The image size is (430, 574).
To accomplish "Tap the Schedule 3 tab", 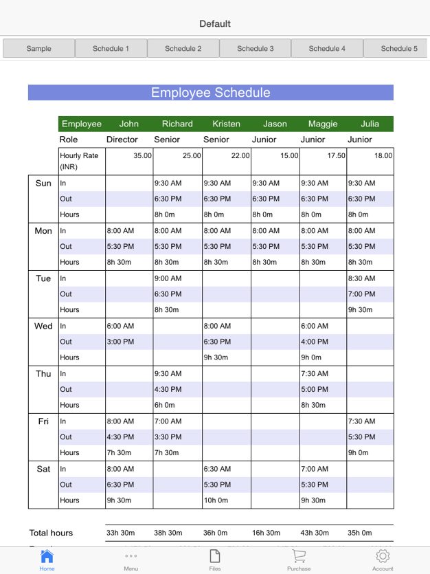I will [x=255, y=48].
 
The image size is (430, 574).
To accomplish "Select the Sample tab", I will [x=38, y=48].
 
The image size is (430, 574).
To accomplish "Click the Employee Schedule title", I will [x=210, y=93].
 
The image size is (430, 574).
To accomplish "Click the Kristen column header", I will [x=226, y=124].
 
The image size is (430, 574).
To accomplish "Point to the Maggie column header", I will [x=323, y=124].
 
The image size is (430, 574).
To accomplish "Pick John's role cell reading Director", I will [x=122, y=140].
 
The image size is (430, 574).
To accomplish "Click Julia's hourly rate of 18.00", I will [x=383, y=156].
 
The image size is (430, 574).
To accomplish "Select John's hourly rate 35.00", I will [x=142, y=156].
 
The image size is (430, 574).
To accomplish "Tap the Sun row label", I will [x=43, y=184].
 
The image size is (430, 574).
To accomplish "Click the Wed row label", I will [x=43, y=327].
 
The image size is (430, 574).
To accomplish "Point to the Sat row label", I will [x=43, y=470].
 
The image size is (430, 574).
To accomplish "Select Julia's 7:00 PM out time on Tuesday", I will [x=362, y=294].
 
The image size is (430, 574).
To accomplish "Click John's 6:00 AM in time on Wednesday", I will [x=120, y=327].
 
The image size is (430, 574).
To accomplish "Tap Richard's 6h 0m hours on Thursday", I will [x=165, y=406].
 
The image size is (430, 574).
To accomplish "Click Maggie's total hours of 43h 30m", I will [x=315, y=533].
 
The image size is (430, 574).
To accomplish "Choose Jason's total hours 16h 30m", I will [x=267, y=533].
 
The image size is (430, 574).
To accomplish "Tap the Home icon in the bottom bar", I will [x=47, y=558].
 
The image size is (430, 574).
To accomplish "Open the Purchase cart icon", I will [x=299, y=558].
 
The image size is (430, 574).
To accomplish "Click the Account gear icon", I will [x=383, y=558].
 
